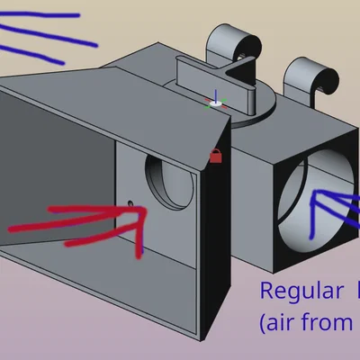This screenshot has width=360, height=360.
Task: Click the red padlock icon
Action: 216,156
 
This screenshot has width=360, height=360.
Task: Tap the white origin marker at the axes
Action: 215,103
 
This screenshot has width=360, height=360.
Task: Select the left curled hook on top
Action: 232,45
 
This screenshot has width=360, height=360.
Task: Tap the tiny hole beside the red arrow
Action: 130,203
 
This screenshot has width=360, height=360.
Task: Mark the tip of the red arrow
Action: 145,209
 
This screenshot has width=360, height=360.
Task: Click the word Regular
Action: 301,291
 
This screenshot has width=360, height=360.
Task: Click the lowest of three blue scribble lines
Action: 31,54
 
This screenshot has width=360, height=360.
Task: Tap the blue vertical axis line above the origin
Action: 216,95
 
